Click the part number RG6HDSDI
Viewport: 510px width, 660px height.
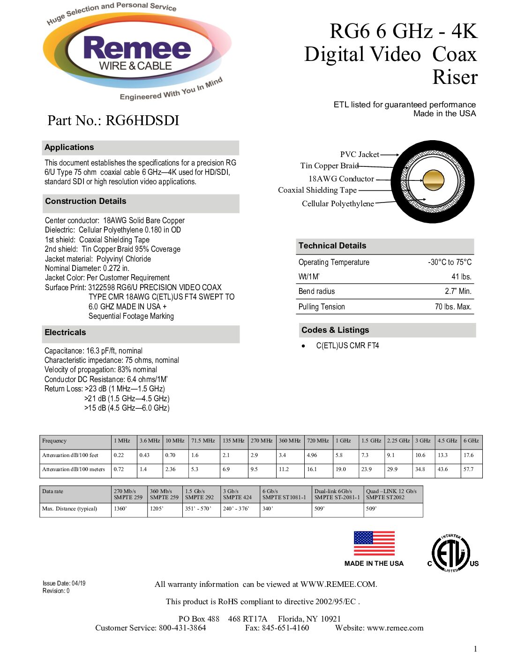coord(142,120)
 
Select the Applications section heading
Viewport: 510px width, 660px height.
coord(69,147)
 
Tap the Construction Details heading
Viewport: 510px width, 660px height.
coord(86,201)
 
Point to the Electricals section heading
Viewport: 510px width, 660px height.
coord(65,332)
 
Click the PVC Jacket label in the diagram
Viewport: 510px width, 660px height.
coord(360,154)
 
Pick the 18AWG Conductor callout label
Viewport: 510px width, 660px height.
coord(341,179)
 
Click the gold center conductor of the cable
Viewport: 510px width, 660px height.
coord(433,180)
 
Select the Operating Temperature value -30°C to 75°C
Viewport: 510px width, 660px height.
coord(450,262)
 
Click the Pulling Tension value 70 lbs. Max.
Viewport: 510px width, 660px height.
coord(453,307)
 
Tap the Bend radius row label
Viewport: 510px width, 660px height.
coord(317,291)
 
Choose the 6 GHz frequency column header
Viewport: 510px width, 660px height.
coord(471,441)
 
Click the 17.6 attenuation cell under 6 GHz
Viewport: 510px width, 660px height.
coord(469,455)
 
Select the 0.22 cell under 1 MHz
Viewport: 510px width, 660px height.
coord(119,455)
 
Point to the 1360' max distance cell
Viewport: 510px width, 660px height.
coord(120,509)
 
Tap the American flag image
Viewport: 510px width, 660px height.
coord(374,543)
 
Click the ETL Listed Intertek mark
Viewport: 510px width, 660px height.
coord(451,554)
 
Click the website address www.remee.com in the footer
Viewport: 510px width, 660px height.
coord(395,628)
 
